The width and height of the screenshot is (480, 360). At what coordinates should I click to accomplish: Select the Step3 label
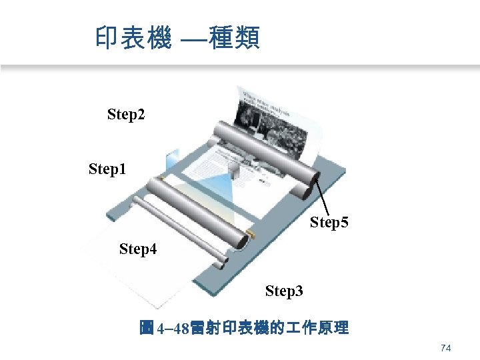(x=284, y=291)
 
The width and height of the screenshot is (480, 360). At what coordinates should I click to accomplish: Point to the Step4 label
(x=138, y=249)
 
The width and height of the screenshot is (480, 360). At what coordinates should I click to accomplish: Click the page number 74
(x=447, y=349)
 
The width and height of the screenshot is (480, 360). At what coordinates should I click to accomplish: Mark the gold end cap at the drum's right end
(x=251, y=233)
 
